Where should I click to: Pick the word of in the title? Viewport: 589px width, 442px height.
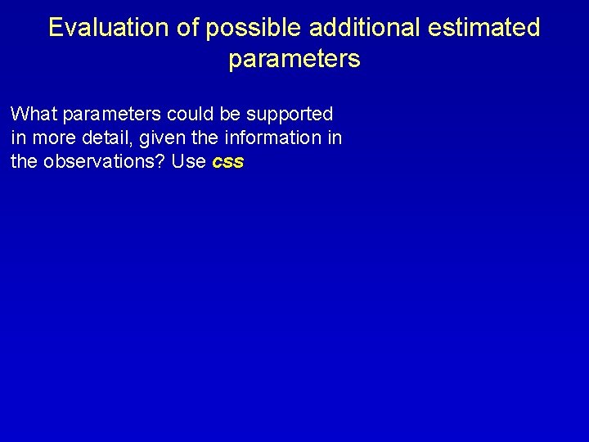point(185,28)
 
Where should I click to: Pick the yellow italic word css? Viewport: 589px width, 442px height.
point(227,162)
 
